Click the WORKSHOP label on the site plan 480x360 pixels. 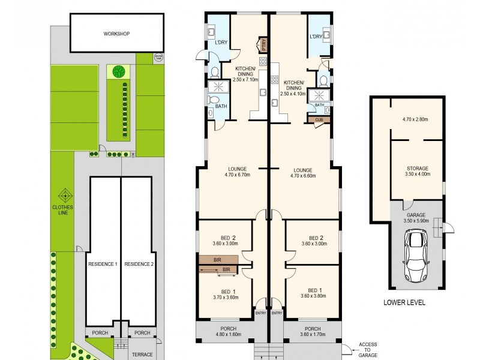116,34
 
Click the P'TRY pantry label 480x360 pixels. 262,46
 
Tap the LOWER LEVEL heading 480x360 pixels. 404,303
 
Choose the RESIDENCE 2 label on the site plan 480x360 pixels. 139,263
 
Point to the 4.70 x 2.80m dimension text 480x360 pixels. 416,119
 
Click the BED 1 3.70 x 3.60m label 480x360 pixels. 226,293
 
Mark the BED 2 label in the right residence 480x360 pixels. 311,240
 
